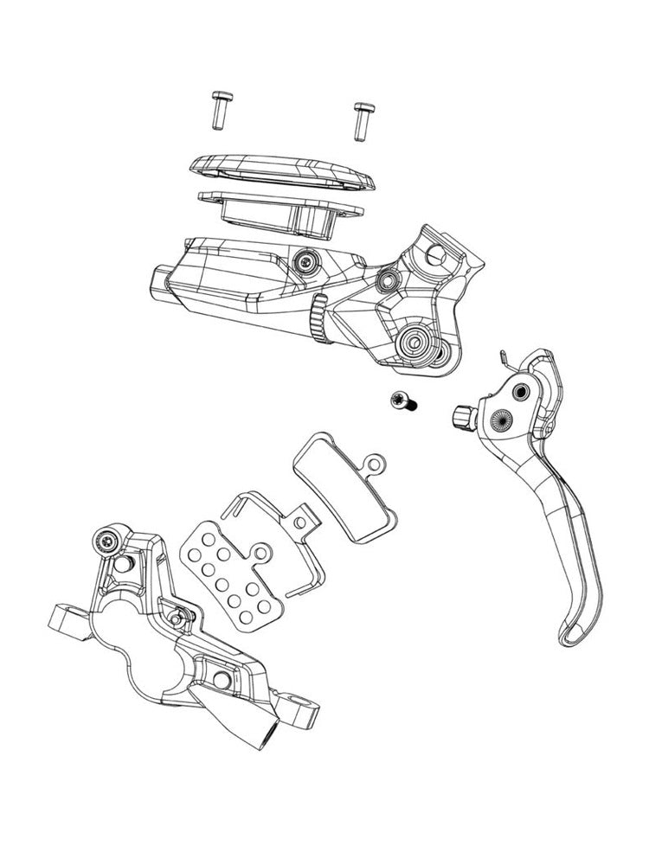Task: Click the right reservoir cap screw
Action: click(x=362, y=119)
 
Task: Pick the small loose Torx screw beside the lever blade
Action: click(x=402, y=400)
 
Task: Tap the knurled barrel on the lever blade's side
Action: click(x=460, y=416)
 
